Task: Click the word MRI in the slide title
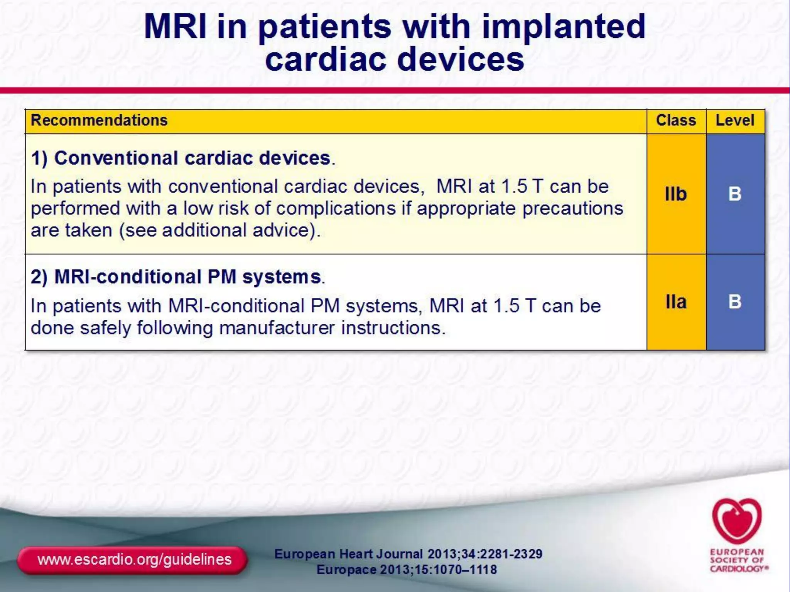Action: [176, 27]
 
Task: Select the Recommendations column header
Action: [99, 120]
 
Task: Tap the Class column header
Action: [676, 120]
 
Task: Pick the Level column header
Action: [735, 120]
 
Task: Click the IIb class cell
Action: [676, 194]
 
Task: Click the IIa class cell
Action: [676, 302]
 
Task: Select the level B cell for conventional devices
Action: [735, 194]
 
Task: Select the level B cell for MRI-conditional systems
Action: [735, 302]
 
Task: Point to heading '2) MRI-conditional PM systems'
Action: [177, 277]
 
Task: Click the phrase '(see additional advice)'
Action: [220, 230]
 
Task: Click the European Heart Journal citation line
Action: [408, 554]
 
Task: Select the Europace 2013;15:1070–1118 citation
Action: [407, 570]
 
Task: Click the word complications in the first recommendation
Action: [336, 209]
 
